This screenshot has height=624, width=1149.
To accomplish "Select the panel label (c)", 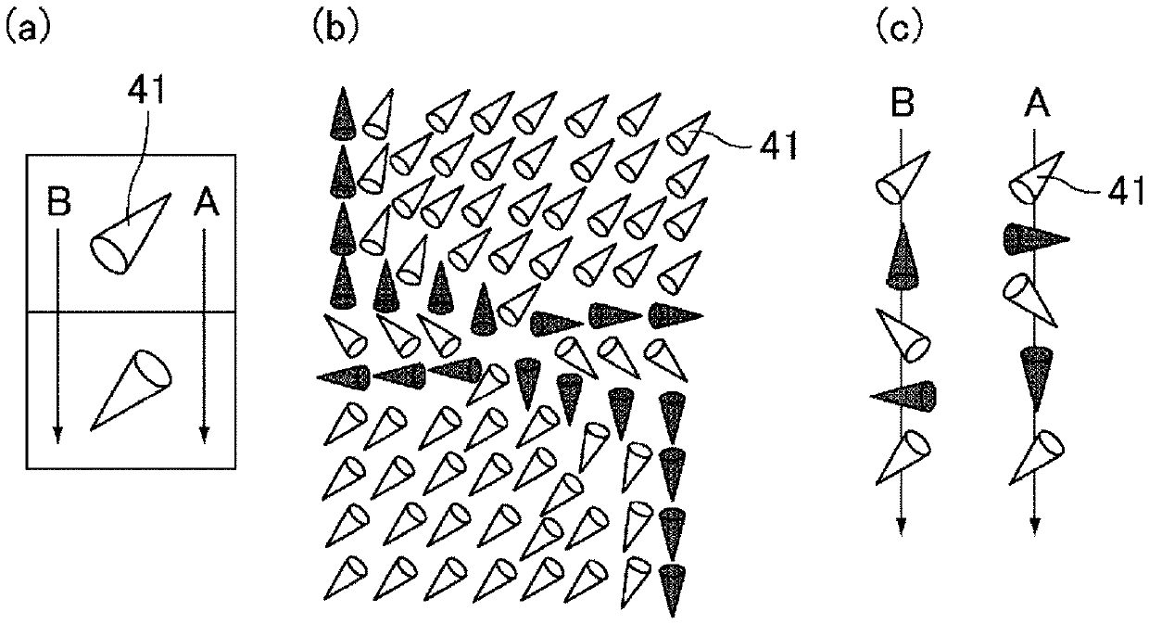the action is (897, 27).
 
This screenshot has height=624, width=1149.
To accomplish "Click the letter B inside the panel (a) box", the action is (59, 204).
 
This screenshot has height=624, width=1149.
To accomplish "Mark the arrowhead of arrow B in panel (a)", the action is (57, 435).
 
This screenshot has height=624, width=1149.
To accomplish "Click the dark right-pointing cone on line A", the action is (1034, 239).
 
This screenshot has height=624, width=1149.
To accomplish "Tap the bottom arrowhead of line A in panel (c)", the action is (1034, 526).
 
